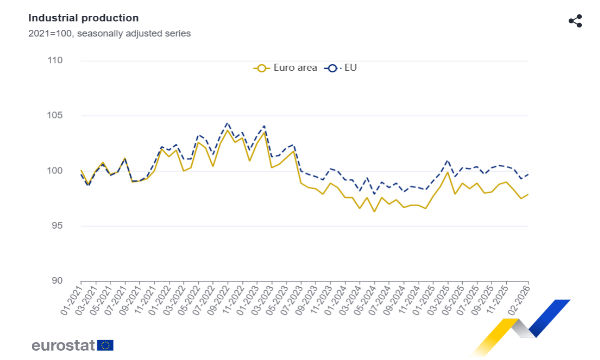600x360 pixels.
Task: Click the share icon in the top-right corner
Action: click(575, 21)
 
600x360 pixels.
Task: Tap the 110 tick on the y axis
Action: click(55, 61)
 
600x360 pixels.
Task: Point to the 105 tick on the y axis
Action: click(55, 116)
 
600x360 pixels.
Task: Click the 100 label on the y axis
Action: click(55, 171)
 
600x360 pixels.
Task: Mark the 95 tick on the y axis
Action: click(57, 226)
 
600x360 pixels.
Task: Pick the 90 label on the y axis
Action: click(57, 281)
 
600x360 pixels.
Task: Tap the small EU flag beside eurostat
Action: click(105, 345)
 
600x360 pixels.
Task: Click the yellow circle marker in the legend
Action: click(261, 68)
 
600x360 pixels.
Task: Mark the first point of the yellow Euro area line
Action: click(81, 171)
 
